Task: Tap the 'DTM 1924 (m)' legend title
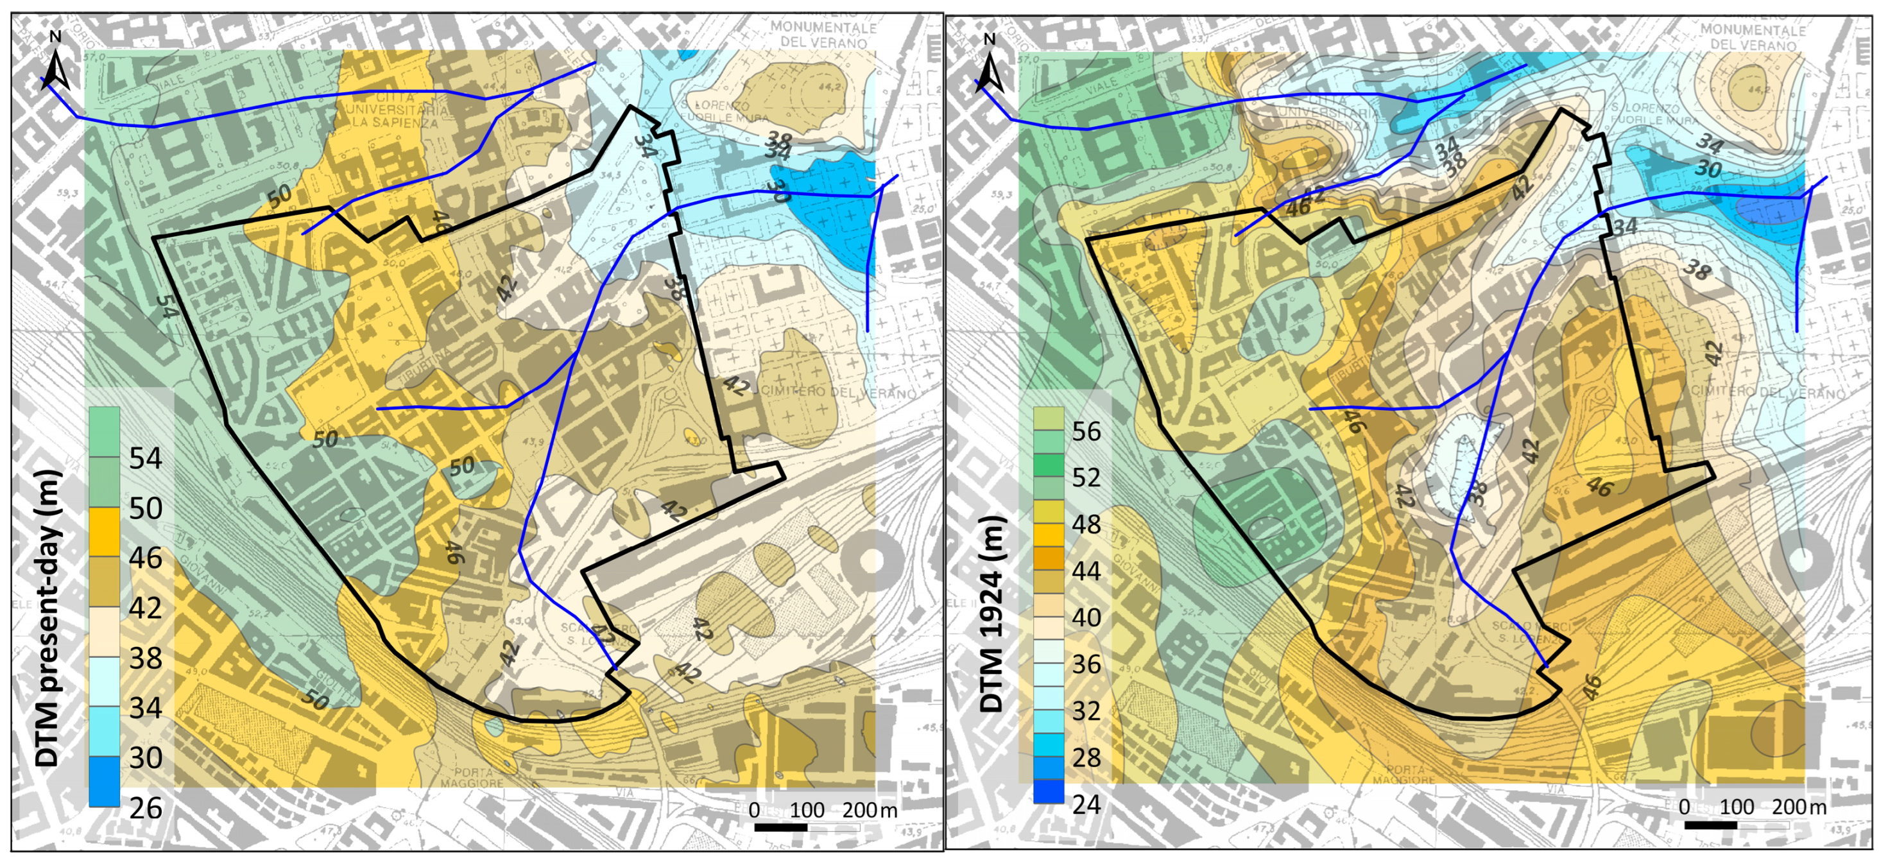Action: (991, 614)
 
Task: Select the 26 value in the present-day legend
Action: (145, 808)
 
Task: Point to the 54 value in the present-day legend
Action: (145, 458)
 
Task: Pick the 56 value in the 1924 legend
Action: (1086, 431)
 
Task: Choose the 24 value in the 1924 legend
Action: (1086, 804)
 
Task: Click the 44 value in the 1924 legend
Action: (1086, 571)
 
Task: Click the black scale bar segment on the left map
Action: (780, 827)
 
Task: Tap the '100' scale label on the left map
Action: (807, 810)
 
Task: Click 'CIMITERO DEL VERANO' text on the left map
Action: (839, 391)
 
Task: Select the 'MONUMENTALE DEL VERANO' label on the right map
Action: (1753, 37)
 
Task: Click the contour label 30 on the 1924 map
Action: (1708, 169)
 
